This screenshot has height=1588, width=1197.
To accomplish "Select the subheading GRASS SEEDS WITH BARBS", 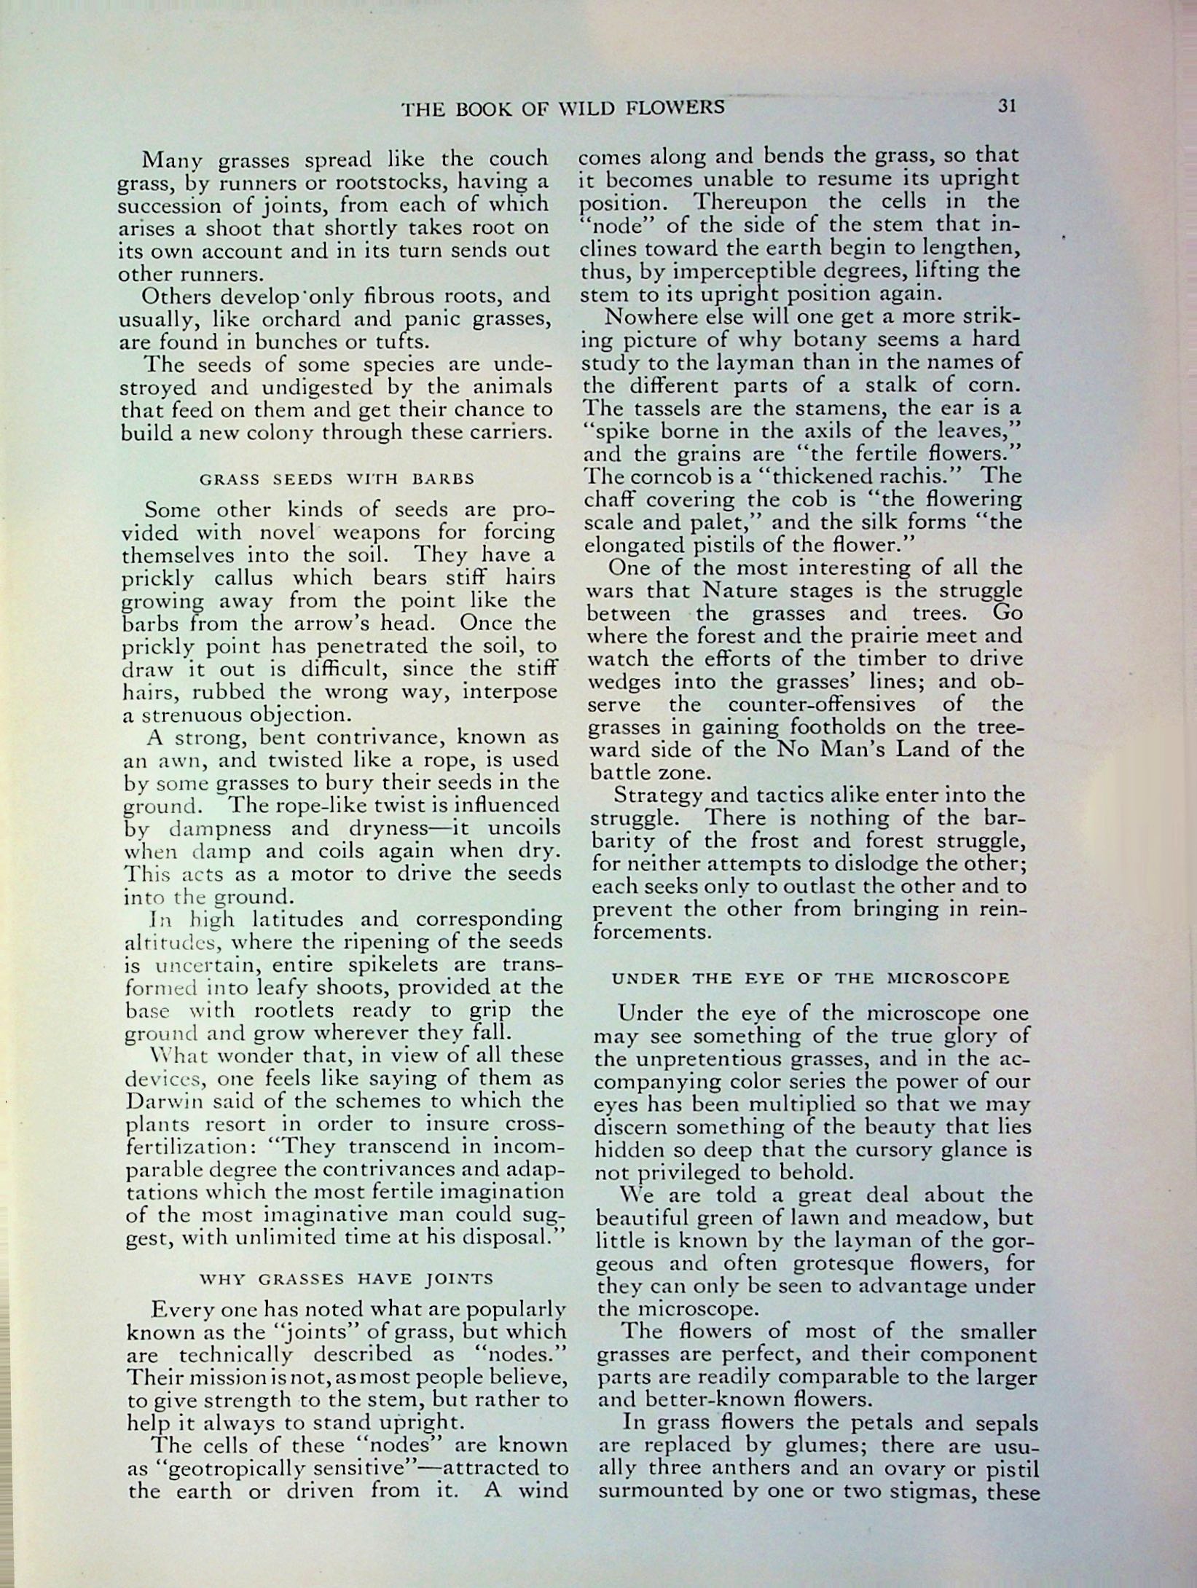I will [337, 479].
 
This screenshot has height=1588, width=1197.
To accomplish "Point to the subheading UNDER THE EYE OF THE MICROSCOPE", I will [810, 978].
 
